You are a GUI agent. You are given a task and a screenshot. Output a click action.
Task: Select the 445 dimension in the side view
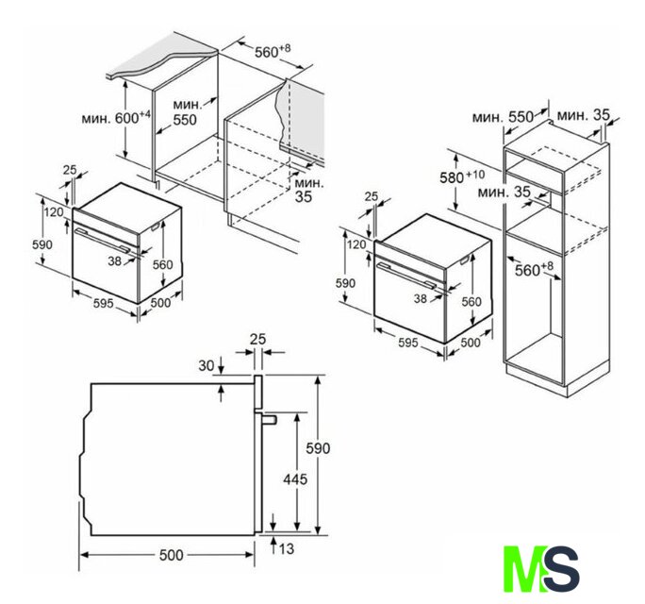pos(295,479)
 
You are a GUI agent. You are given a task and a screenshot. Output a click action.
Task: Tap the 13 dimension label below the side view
pos(287,549)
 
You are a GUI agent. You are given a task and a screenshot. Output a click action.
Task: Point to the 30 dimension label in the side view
pos(207,365)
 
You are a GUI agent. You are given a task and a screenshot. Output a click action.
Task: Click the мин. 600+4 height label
pos(116,117)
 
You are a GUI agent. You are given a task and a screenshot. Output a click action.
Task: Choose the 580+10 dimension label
pos(462,177)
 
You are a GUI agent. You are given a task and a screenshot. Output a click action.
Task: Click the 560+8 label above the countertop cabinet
pos(273,52)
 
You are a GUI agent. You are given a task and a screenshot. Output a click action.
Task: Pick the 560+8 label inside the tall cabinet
pos(534,270)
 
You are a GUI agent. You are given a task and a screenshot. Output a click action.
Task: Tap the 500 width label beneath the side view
pos(171,555)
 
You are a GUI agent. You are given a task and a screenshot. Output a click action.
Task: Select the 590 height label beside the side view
pos(318,448)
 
